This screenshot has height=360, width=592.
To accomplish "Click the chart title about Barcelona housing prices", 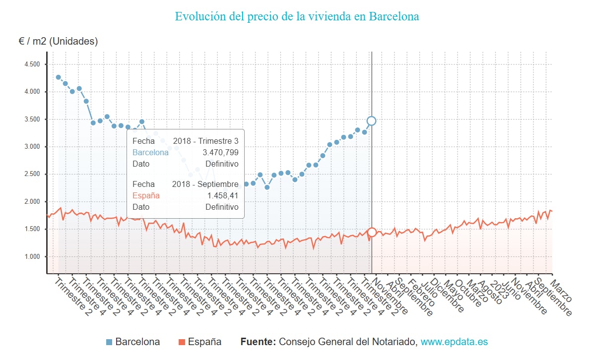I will pos(297,16).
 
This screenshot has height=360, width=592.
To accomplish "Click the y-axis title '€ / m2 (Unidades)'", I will pos(58,41).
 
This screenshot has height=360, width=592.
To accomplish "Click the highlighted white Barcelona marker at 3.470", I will pos(371,120).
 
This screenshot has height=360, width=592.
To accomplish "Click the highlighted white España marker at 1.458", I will pos(372,232).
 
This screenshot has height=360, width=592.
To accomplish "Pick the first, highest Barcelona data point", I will pos(58,77).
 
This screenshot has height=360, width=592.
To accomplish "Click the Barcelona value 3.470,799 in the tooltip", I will pos(220,153).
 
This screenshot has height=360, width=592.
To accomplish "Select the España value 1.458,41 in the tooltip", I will pos(223,196).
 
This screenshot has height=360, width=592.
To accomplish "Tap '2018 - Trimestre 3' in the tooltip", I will pos(205,141).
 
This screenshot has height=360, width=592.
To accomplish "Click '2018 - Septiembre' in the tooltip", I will pos(205,184).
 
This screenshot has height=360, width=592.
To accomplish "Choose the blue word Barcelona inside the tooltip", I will pos(150,153).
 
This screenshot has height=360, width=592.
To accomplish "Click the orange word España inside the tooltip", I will pos(146,196).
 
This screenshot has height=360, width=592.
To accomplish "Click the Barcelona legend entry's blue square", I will pos(110,342).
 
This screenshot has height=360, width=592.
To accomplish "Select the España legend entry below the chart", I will pos(199,342).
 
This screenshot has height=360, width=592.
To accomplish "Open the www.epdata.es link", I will pos(454,342).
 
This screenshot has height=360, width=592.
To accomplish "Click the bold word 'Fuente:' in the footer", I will pos(258,342).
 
